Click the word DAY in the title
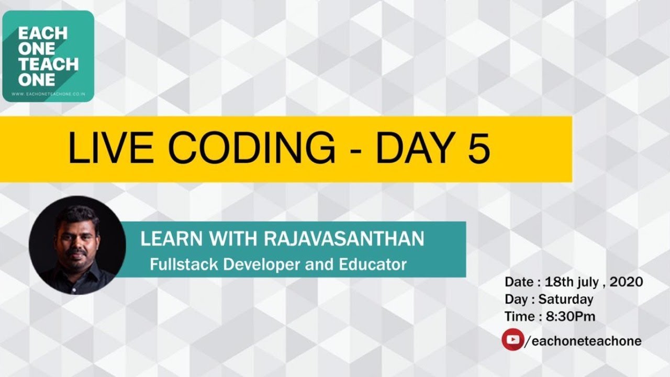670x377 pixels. click(414, 148)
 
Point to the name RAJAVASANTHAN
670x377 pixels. click(344, 239)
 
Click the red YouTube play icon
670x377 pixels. click(512, 340)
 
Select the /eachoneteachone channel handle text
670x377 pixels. click(583, 341)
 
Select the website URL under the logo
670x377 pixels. click(48, 94)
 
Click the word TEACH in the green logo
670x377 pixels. click(48, 64)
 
